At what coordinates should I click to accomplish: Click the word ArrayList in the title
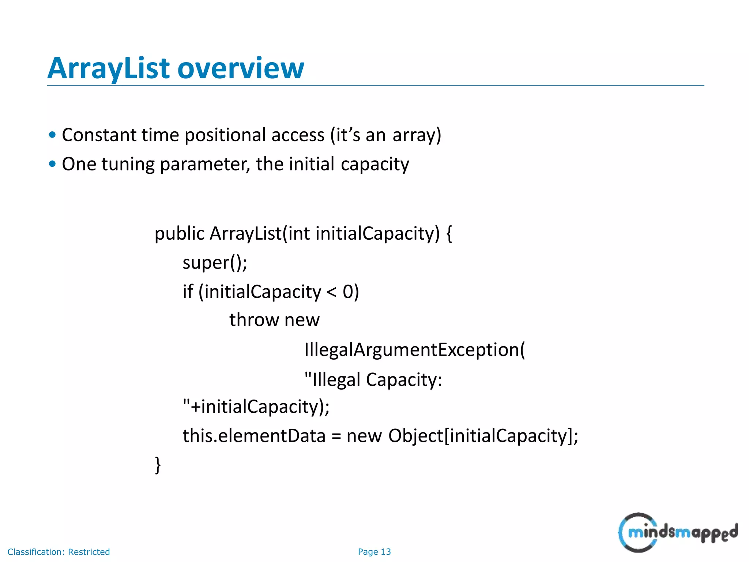tap(109, 68)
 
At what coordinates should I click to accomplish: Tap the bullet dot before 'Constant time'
tap(52, 135)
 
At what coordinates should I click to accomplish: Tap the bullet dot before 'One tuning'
tap(52, 164)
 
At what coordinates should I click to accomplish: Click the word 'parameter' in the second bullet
tap(205, 164)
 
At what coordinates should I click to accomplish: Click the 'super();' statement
tap(215, 263)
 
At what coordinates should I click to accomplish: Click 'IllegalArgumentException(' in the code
tap(414, 350)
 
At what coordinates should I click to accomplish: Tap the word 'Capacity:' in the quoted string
tap(404, 379)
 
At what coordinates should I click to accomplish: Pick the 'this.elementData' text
tap(254, 436)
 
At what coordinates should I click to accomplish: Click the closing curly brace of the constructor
tap(158, 465)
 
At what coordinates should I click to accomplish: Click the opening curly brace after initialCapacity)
tap(449, 234)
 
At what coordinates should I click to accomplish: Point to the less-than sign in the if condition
tap(331, 292)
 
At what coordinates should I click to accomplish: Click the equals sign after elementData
tap(336, 437)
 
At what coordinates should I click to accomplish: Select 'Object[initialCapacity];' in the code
tap(483, 436)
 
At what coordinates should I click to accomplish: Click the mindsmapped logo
tap(678, 532)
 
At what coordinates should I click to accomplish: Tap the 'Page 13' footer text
tap(374, 552)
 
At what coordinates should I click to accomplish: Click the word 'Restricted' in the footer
tap(89, 552)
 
